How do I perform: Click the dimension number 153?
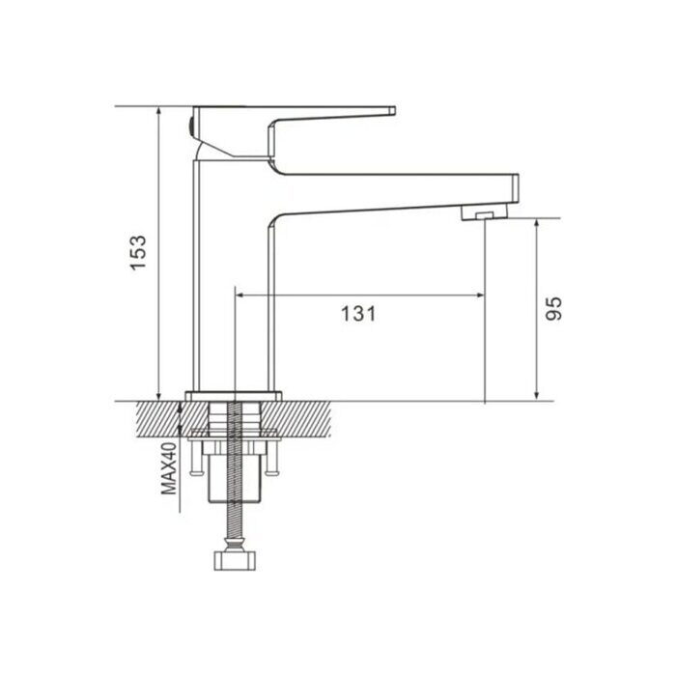pyautogui.click(x=140, y=253)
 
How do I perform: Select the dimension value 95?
pyautogui.click(x=552, y=307)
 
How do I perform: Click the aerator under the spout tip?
pyautogui.click(x=480, y=211)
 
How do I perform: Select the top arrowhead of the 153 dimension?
pyautogui.click(x=157, y=111)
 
